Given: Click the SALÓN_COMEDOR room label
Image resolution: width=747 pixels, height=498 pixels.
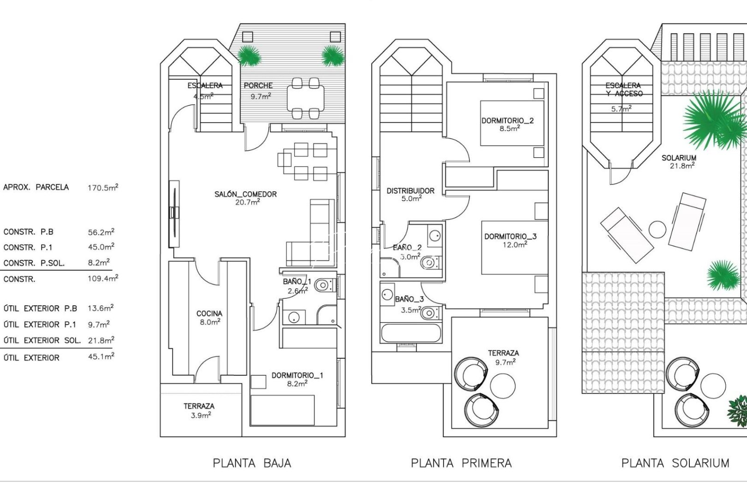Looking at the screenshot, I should click(x=245, y=195).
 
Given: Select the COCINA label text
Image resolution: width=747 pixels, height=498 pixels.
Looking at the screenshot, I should click(x=209, y=314).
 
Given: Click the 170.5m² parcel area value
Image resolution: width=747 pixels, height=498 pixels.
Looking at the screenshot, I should click(x=103, y=188).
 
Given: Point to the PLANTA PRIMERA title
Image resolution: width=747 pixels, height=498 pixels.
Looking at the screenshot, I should click(x=461, y=463).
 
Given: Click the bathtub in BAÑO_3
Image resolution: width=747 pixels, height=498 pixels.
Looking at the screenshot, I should click(x=410, y=332).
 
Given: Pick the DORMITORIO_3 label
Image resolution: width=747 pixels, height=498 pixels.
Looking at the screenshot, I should click(x=510, y=237).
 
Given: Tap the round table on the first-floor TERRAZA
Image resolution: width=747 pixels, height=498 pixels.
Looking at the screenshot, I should click(x=503, y=385).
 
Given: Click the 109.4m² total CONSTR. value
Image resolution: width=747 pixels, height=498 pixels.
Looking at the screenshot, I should click(x=103, y=279).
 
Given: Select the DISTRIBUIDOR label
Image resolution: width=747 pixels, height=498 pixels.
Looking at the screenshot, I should click(x=410, y=191).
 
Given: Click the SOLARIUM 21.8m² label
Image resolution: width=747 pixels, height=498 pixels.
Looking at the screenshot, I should click(x=679, y=161).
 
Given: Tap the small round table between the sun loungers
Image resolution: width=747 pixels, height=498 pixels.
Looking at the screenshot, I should click(x=657, y=229).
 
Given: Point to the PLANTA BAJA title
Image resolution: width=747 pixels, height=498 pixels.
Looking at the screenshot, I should click(x=252, y=463).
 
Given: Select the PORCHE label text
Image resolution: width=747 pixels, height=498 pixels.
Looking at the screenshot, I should click(x=258, y=86).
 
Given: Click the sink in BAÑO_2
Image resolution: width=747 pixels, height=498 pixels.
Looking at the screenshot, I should click(x=434, y=236).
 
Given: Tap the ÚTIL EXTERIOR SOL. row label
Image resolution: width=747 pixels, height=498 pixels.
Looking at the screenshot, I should click(x=42, y=341).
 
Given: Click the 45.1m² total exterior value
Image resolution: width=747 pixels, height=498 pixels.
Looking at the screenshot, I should click(x=101, y=357).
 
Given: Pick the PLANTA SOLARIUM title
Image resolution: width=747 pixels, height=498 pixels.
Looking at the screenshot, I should click(x=675, y=463).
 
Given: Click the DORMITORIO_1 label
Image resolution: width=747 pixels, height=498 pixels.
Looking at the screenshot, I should click(x=297, y=376).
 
